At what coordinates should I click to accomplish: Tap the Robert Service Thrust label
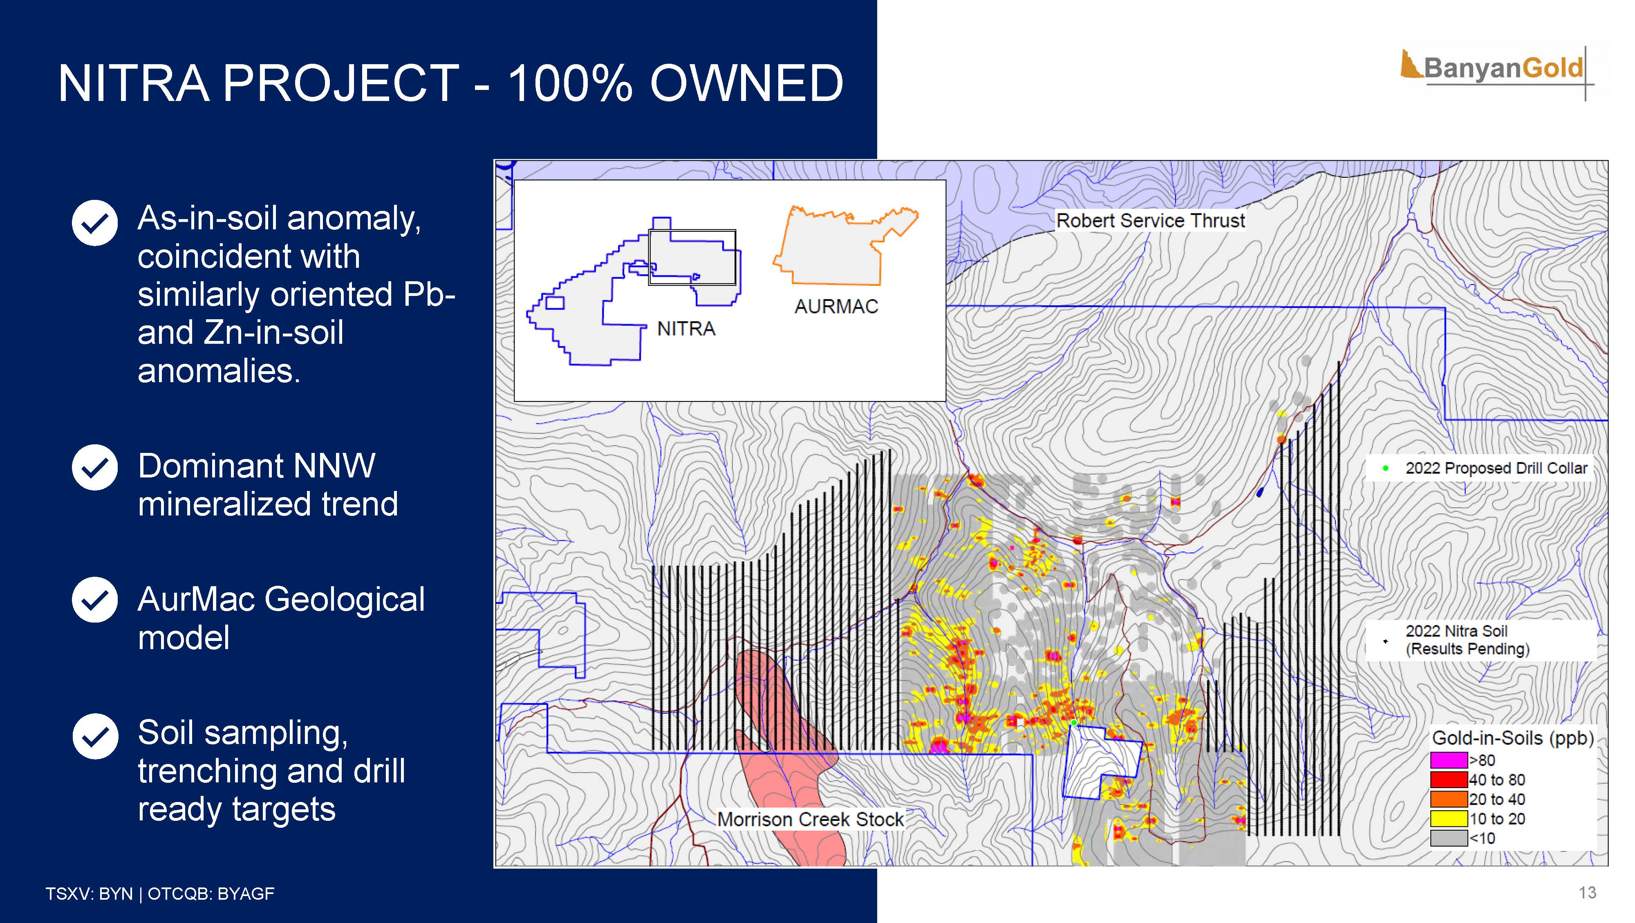[1150, 220]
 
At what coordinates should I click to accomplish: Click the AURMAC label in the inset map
[836, 307]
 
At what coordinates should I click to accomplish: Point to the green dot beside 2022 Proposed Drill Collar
[1386, 468]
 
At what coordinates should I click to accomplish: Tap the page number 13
[1588, 892]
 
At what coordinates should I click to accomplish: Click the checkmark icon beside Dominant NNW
[94, 468]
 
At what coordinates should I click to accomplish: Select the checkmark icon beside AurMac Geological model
[94, 600]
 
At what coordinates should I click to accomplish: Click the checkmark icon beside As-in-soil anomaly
[94, 223]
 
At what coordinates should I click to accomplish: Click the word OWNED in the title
[747, 83]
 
